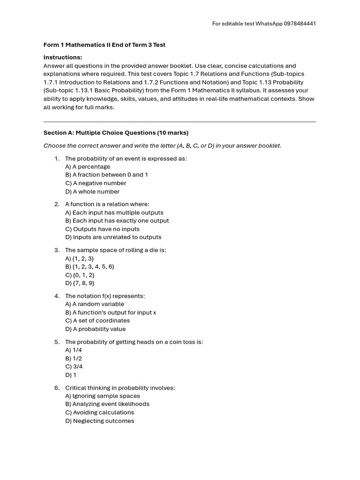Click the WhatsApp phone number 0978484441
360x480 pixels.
[x=300, y=24]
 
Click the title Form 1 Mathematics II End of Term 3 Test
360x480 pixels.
[x=104, y=45]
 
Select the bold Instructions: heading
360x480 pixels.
[x=63, y=57]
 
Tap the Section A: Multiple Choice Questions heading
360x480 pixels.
[x=116, y=133]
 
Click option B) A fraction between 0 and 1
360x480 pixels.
[x=106, y=175]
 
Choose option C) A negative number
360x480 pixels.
[x=96, y=183]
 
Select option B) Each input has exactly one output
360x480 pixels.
[x=117, y=221]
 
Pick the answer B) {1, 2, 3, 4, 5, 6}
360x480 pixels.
[x=90, y=267]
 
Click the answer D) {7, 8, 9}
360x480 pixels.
[x=80, y=283]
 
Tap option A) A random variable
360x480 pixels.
[x=95, y=304]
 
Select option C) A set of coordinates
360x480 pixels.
[x=97, y=321]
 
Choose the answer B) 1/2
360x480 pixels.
[x=74, y=359]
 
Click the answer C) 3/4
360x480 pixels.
[x=74, y=367]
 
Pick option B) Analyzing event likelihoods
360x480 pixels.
[x=107, y=404]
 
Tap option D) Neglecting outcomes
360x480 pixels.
[x=99, y=421]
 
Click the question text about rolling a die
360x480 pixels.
[x=115, y=250]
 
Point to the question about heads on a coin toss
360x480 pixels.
[x=134, y=342]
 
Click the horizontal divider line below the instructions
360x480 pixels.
[x=180, y=121]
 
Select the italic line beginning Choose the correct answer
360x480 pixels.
[x=162, y=146]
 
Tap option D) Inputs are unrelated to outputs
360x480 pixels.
[x=113, y=237]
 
